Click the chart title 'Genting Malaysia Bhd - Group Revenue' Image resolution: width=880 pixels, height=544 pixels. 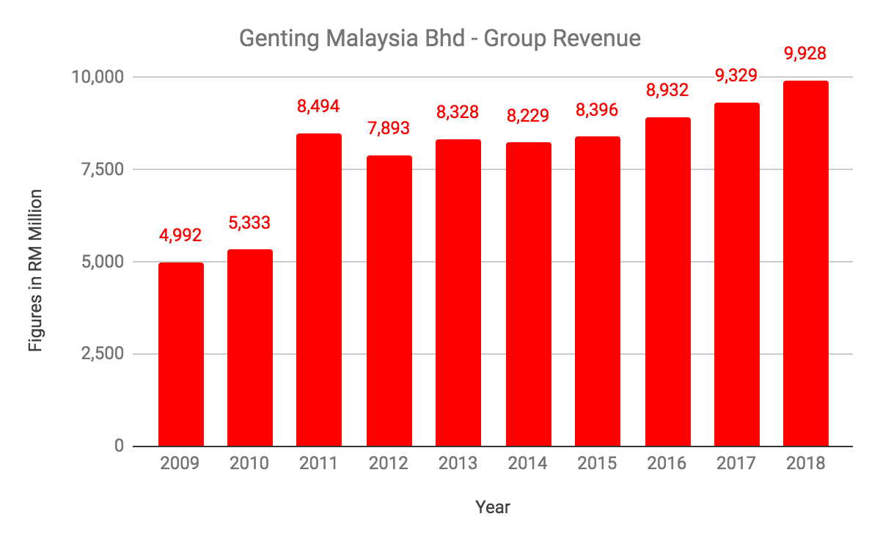(x=440, y=38)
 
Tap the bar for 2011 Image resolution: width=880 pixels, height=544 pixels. (x=319, y=290)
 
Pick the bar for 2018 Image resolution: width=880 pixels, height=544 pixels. (x=805, y=263)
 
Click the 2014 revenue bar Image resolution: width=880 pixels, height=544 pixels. (x=528, y=294)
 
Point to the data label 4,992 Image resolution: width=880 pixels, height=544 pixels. (x=181, y=236)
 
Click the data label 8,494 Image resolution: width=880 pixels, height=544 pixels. (x=319, y=107)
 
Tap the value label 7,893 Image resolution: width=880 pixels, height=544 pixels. (x=389, y=129)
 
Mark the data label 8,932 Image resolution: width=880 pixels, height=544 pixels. (x=667, y=91)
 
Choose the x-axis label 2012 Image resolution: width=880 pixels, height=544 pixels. (x=389, y=464)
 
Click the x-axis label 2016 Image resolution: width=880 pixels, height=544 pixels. (x=667, y=464)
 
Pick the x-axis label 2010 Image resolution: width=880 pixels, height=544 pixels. (x=249, y=464)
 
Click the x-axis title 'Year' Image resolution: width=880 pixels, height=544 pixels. (x=493, y=507)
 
